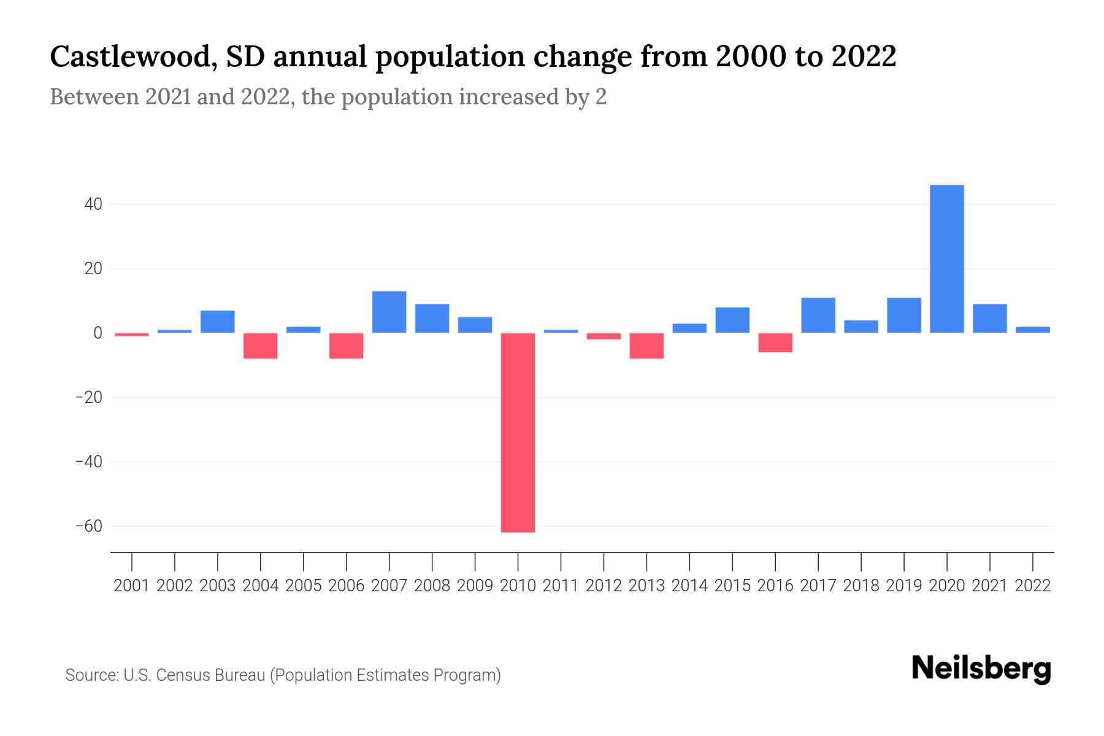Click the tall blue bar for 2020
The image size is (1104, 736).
[946, 259]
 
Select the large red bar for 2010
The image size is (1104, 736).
[518, 432]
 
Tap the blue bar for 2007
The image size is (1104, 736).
[389, 312]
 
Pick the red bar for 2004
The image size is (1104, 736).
[260, 346]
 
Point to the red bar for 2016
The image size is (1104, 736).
[775, 342]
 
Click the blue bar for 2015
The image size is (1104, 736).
[732, 320]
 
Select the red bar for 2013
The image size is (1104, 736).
[646, 346]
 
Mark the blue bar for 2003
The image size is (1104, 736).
[217, 322]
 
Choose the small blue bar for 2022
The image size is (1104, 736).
[1033, 330]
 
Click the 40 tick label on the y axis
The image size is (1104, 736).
[93, 204]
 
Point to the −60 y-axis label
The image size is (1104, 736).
[88, 526]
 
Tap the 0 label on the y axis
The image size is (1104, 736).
[97, 333]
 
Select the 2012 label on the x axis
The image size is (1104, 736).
[604, 586]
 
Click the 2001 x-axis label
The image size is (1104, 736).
[132, 586]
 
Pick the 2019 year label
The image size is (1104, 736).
[903, 586]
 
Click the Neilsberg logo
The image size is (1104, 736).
[981, 669]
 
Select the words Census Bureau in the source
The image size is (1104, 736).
[212, 675]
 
